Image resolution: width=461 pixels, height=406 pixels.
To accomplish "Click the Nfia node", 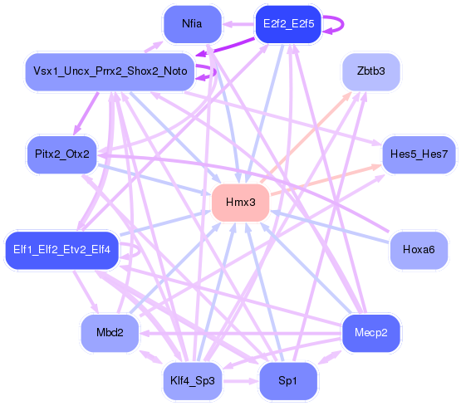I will tap(192, 24).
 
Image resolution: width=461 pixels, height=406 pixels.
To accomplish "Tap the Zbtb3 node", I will tap(370, 71).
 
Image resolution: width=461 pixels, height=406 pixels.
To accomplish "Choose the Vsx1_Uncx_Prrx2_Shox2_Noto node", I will tap(110, 71).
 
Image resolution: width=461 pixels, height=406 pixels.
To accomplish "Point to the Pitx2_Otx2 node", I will tap(62, 154).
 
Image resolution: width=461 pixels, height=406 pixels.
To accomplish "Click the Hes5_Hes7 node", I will tap(419, 154).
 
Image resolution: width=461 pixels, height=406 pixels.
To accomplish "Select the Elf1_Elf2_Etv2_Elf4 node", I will tap(62, 250).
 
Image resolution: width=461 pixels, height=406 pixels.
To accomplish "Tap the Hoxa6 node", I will tap(418, 250).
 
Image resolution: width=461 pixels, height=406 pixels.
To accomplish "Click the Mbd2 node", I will tap(110, 333).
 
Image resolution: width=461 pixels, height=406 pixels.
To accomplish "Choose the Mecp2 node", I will tap(370, 333).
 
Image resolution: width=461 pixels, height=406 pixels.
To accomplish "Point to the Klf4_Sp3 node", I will tap(192, 381).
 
